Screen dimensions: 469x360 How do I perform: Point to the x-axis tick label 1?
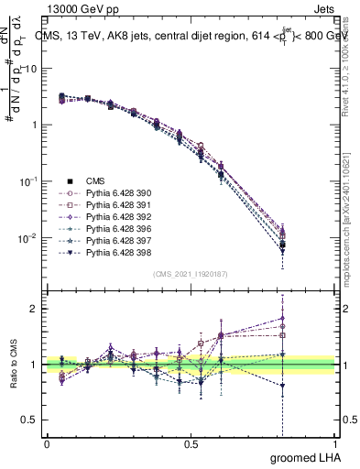[334, 444]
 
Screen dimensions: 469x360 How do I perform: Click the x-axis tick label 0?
[46, 444]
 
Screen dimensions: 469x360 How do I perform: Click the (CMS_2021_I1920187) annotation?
[190, 274]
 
